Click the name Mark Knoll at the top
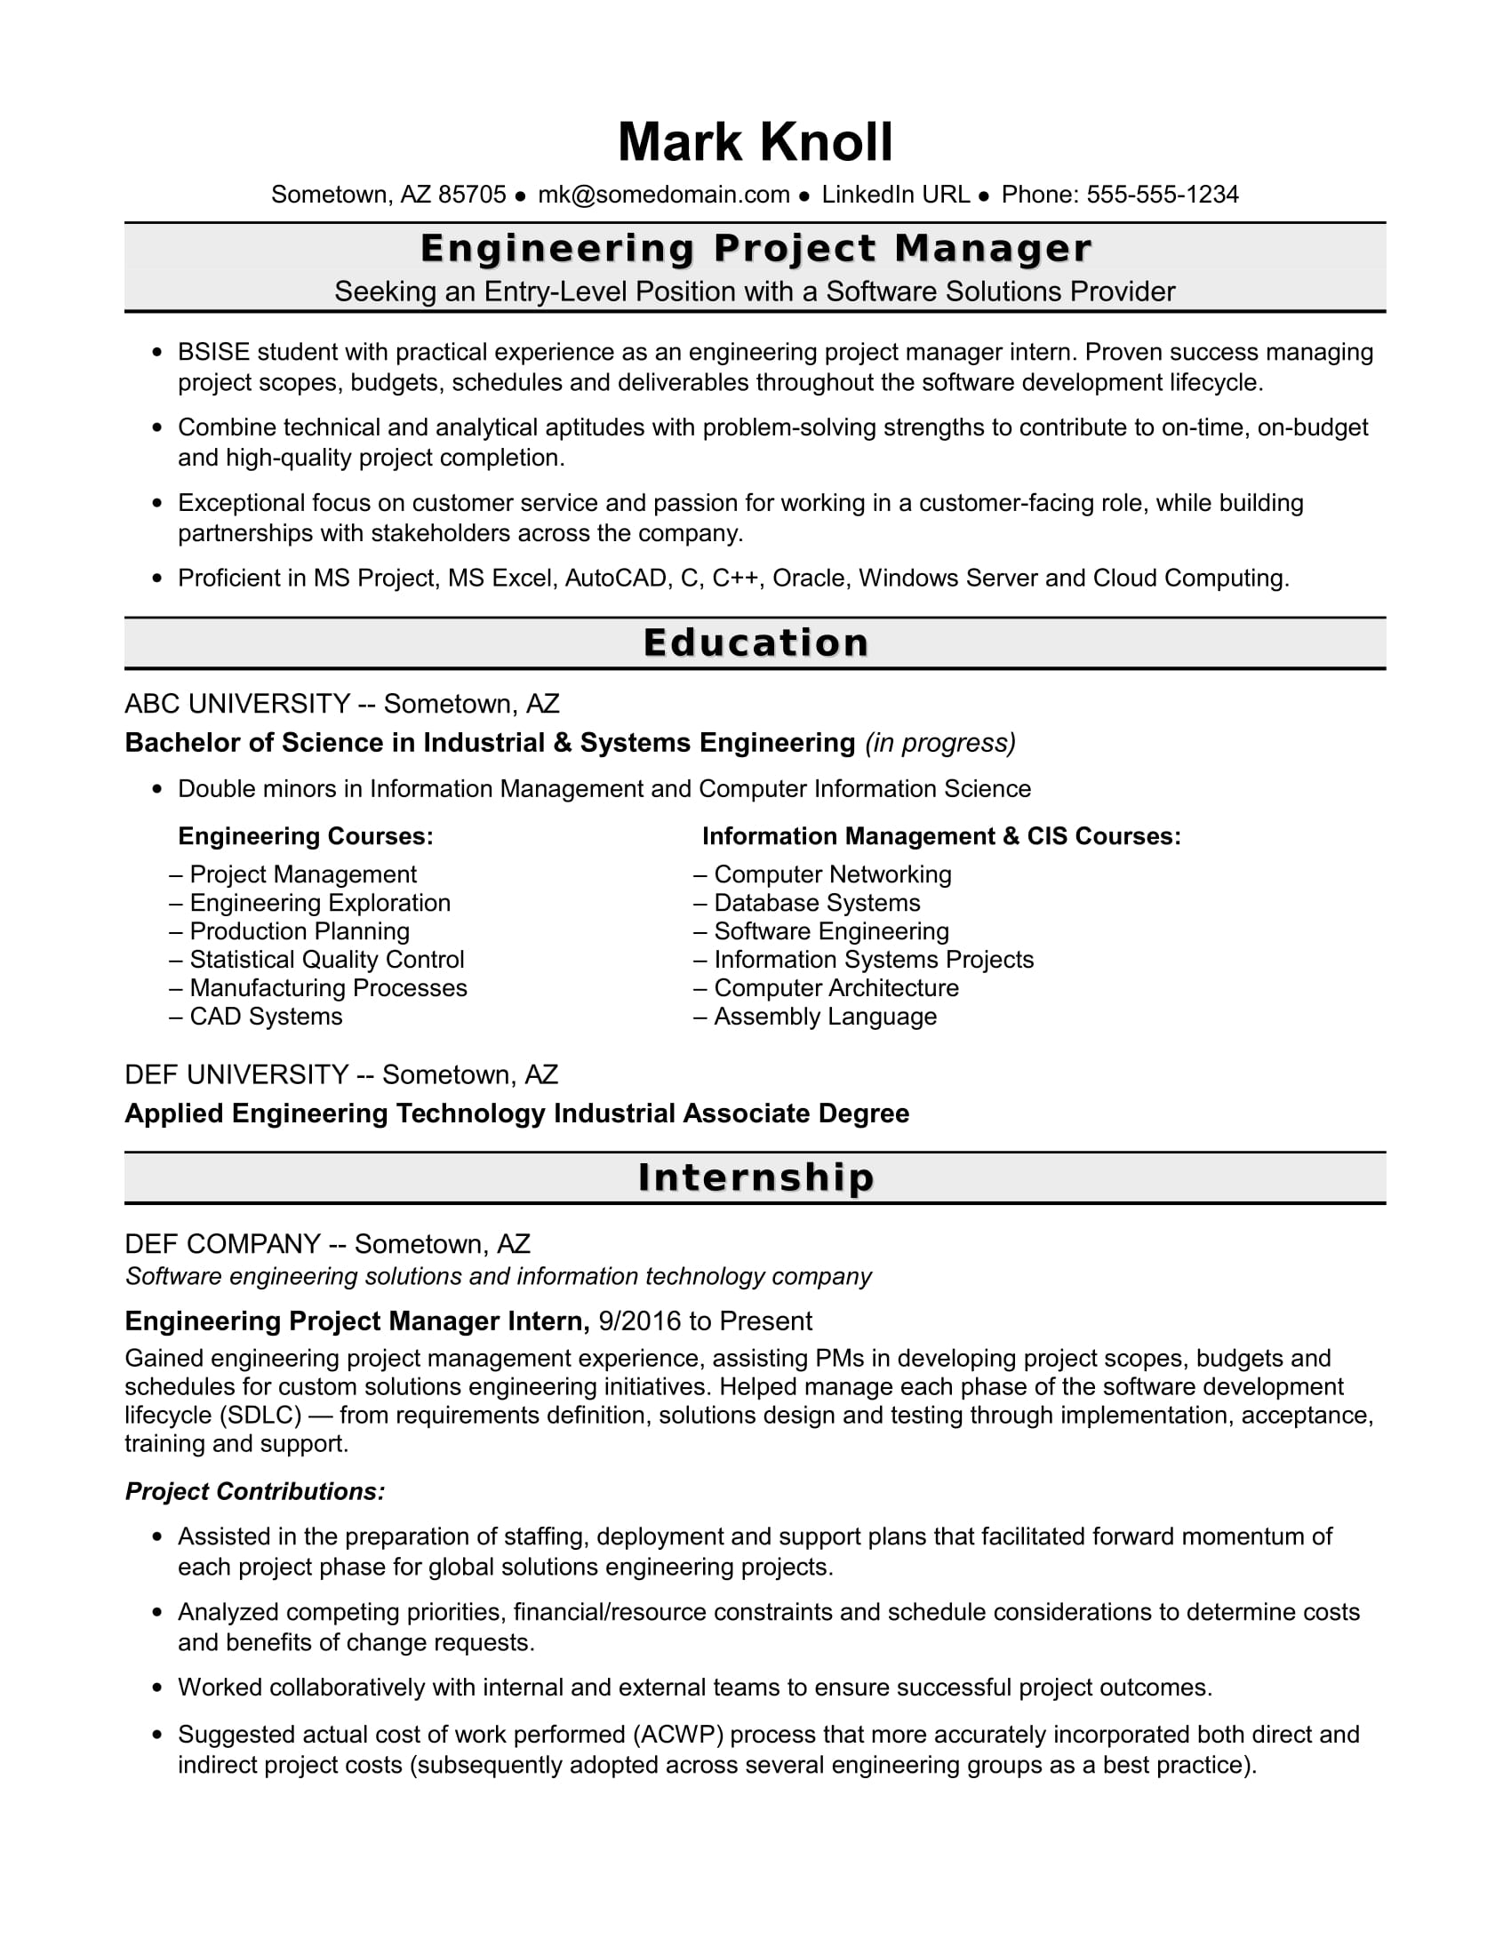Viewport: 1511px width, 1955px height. pos(755,142)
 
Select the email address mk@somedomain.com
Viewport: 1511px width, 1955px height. pos(663,195)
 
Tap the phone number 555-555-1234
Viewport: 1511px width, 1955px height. pos(1162,195)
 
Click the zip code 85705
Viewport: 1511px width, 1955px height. pos(472,195)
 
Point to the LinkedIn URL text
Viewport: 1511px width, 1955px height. pos(895,195)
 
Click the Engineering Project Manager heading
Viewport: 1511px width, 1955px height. pos(755,249)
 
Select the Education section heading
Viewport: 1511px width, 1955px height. pos(755,642)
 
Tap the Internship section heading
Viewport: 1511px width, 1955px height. pos(755,1177)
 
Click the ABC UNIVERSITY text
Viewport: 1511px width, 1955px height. pos(237,704)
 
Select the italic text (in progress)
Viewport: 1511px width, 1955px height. pos(939,743)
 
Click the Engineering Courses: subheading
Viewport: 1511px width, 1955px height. pos(305,836)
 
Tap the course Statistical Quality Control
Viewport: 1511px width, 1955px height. pos(327,960)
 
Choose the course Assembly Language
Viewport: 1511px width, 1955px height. pos(825,1017)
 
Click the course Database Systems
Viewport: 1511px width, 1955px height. pos(816,902)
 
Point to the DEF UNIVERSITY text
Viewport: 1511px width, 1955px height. pos(236,1074)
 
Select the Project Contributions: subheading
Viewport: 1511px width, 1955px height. pos(255,1491)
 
